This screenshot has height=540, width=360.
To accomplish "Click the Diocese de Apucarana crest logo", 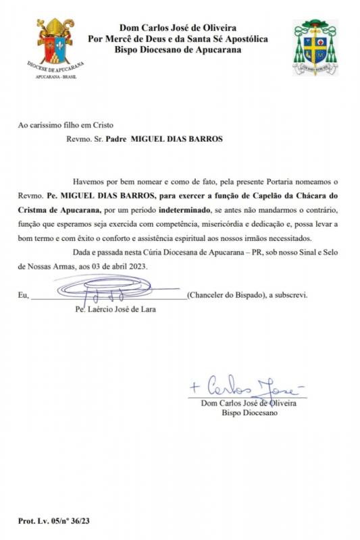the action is pyautogui.click(x=54, y=45).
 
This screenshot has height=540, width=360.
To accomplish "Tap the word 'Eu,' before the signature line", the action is pyautogui.click(x=24, y=296).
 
